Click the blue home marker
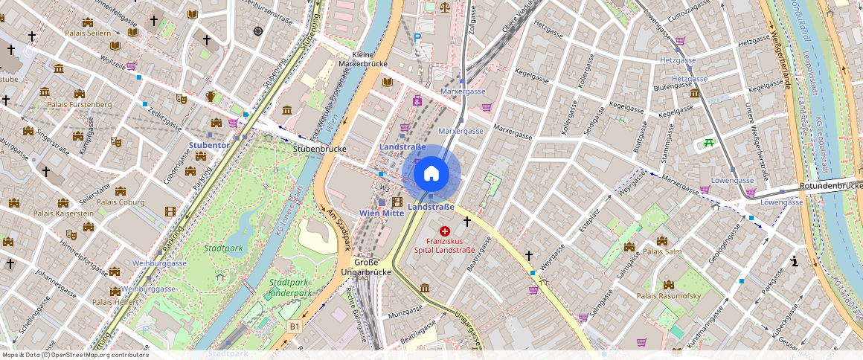tap(431, 173)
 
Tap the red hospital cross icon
tap(445, 231)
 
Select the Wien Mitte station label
tap(381, 213)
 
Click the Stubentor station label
tap(208, 145)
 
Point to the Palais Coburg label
tap(121, 202)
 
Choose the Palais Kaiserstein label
tap(63, 213)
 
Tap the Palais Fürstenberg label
tap(79, 105)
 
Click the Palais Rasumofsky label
tap(669, 296)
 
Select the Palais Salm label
tap(662, 251)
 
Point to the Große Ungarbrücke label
tap(366, 267)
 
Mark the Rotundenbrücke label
tap(830, 185)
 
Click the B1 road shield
tap(295, 326)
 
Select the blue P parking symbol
tap(418, 37)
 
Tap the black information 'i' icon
tap(795, 261)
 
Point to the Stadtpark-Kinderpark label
tap(290, 288)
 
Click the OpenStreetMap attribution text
tap(74, 355)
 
